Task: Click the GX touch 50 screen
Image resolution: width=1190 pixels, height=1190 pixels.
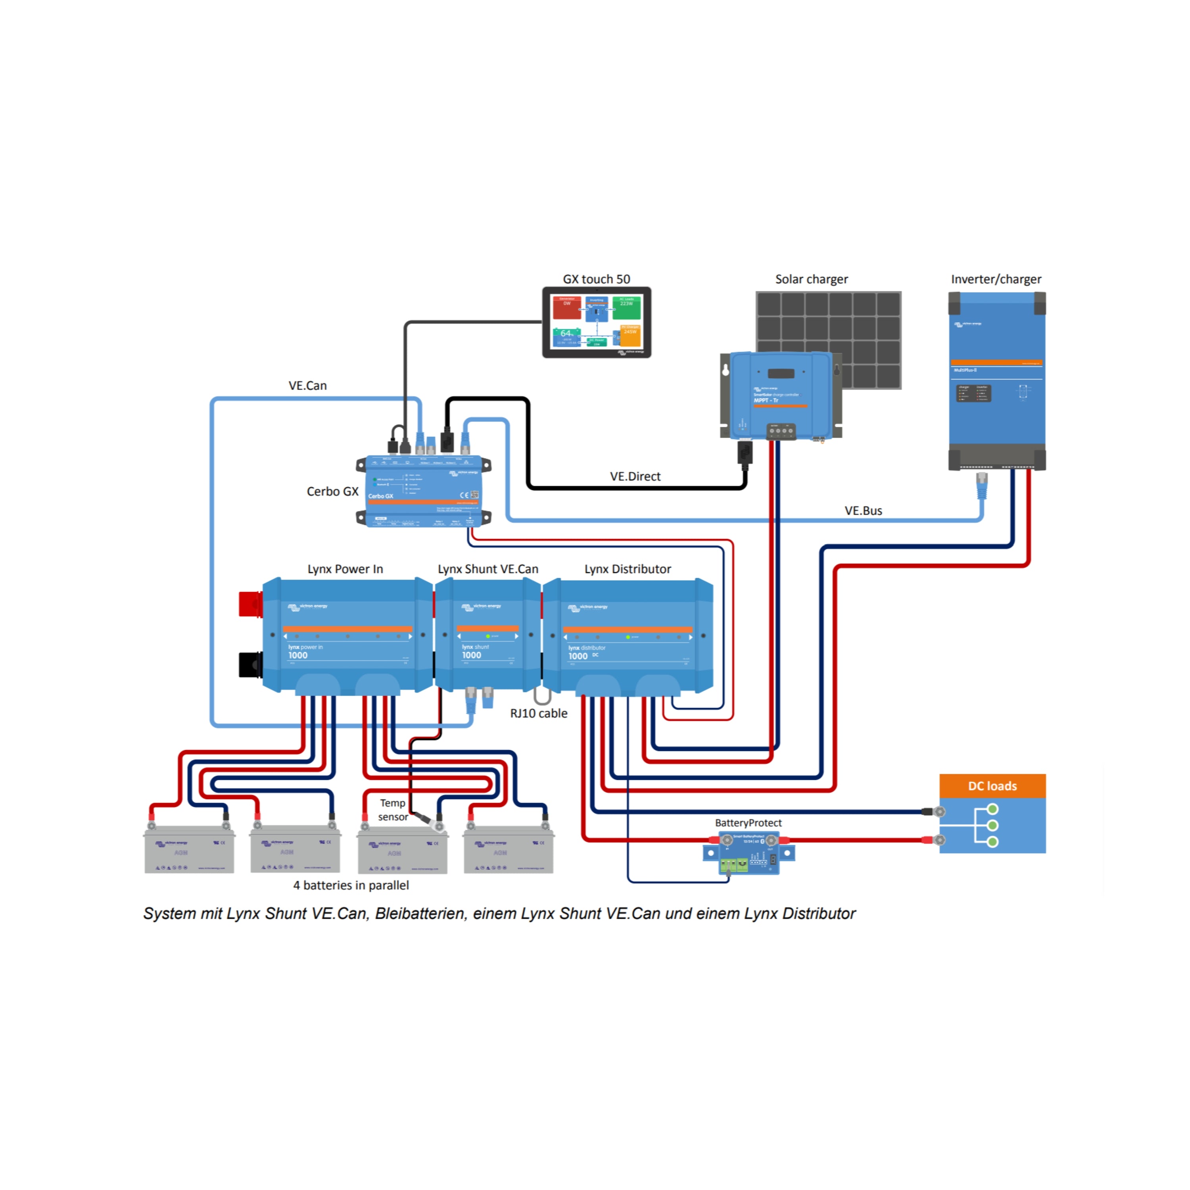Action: [596, 322]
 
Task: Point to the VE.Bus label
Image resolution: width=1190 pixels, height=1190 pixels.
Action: [863, 511]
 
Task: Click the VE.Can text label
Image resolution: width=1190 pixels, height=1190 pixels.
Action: [307, 386]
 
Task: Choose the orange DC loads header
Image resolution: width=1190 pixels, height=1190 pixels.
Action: [992, 786]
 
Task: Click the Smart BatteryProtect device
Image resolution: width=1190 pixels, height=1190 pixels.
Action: [749, 852]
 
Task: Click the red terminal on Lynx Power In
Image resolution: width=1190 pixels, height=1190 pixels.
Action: [250, 604]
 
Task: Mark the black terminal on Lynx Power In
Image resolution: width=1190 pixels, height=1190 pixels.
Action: [250, 664]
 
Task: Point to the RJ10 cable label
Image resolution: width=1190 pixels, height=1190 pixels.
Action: [538, 713]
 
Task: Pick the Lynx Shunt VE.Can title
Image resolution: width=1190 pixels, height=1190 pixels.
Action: [488, 569]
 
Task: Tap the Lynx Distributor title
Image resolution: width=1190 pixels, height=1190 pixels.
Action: [628, 569]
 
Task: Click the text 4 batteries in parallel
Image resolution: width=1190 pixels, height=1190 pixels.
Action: [351, 885]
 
